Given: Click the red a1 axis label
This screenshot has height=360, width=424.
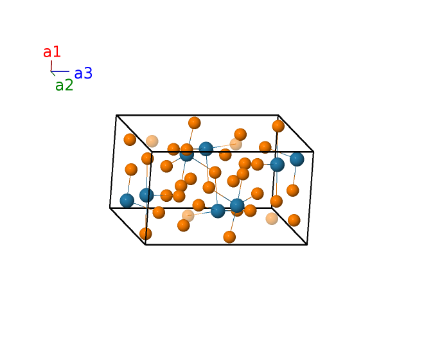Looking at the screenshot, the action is coord(51,51).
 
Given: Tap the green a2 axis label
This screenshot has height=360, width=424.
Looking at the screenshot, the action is coord(64,85).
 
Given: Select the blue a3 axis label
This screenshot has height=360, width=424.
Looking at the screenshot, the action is coord(84,73).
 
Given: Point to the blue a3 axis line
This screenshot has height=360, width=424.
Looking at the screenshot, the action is coord(60,71).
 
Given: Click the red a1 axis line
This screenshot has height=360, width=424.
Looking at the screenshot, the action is coord(51,66).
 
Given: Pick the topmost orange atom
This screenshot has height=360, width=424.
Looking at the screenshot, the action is coord(195,123).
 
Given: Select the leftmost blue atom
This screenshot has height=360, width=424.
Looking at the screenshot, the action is coord(127,201).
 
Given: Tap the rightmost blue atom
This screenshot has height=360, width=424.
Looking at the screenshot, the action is coord(297,159).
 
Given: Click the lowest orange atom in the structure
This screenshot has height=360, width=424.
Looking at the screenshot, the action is coord(229,237).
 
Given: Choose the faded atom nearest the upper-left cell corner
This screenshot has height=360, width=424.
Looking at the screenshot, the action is coord(152,141).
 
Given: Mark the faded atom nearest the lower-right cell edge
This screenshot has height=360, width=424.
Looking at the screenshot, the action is coord(272,219).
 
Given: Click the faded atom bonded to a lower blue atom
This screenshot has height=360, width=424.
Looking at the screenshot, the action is coord(188,216).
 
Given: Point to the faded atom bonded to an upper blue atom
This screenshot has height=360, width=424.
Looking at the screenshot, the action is coord(236,144).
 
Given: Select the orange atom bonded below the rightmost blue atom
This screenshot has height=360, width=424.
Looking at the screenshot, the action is coord(292,190).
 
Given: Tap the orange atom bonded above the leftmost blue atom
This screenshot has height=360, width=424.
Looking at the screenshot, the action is coord(131,170).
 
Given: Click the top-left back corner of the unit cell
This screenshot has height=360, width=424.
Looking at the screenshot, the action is coord(116,115).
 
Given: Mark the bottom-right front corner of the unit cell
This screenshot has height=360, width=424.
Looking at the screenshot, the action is coord(307,245).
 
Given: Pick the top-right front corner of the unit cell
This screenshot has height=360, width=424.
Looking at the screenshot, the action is coord(314,152).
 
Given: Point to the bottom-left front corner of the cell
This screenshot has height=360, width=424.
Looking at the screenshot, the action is coord(145,245).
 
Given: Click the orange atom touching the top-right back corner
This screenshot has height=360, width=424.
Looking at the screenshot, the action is coord(278,126).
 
